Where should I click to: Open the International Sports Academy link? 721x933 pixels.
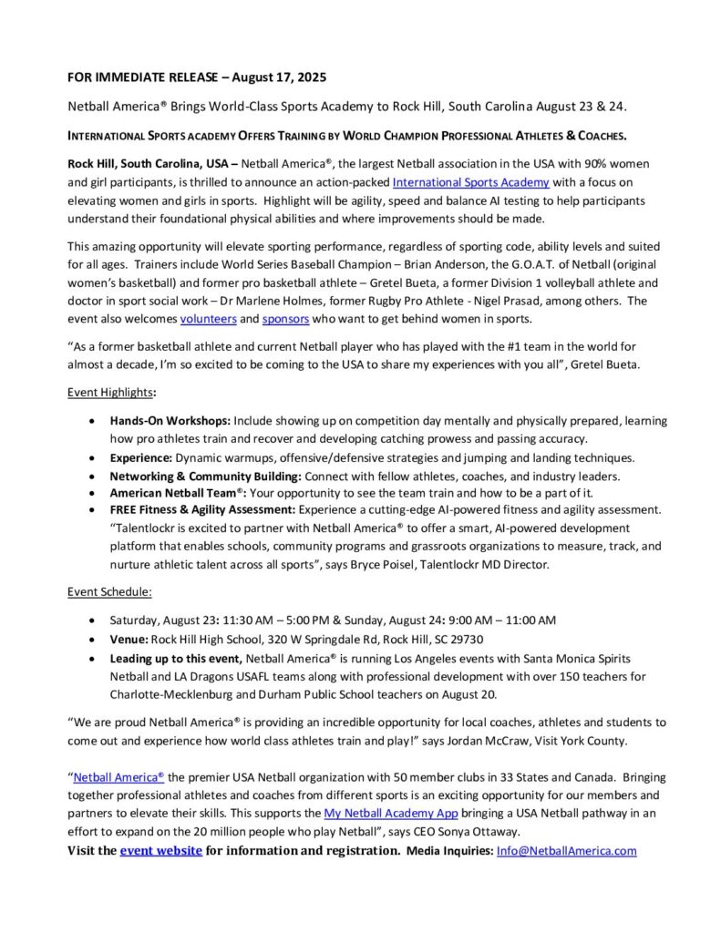[x=470, y=181]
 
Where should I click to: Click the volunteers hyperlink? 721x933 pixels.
[x=208, y=319]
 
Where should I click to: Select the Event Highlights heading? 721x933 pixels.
[x=110, y=392]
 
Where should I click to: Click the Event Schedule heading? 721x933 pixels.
[x=109, y=591]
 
